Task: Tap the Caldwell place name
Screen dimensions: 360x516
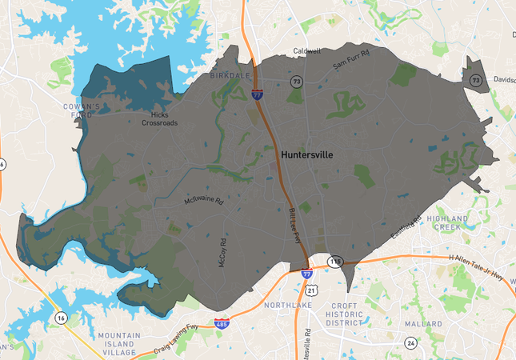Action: click(306, 50)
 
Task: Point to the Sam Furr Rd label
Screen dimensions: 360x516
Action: click(353, 59)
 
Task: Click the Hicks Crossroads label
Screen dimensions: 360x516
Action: click(161, 119)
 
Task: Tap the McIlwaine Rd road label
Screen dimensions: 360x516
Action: click(203, 201)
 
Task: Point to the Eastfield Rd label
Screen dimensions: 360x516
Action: click(406, 228)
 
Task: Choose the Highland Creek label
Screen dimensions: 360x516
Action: click(451, 222)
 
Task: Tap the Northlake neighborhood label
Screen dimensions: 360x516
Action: click(263, 305)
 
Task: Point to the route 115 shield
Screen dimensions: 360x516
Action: click(335, 261)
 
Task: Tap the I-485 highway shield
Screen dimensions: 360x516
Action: click(221, 324)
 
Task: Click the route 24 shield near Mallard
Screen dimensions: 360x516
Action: click(410, 342)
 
